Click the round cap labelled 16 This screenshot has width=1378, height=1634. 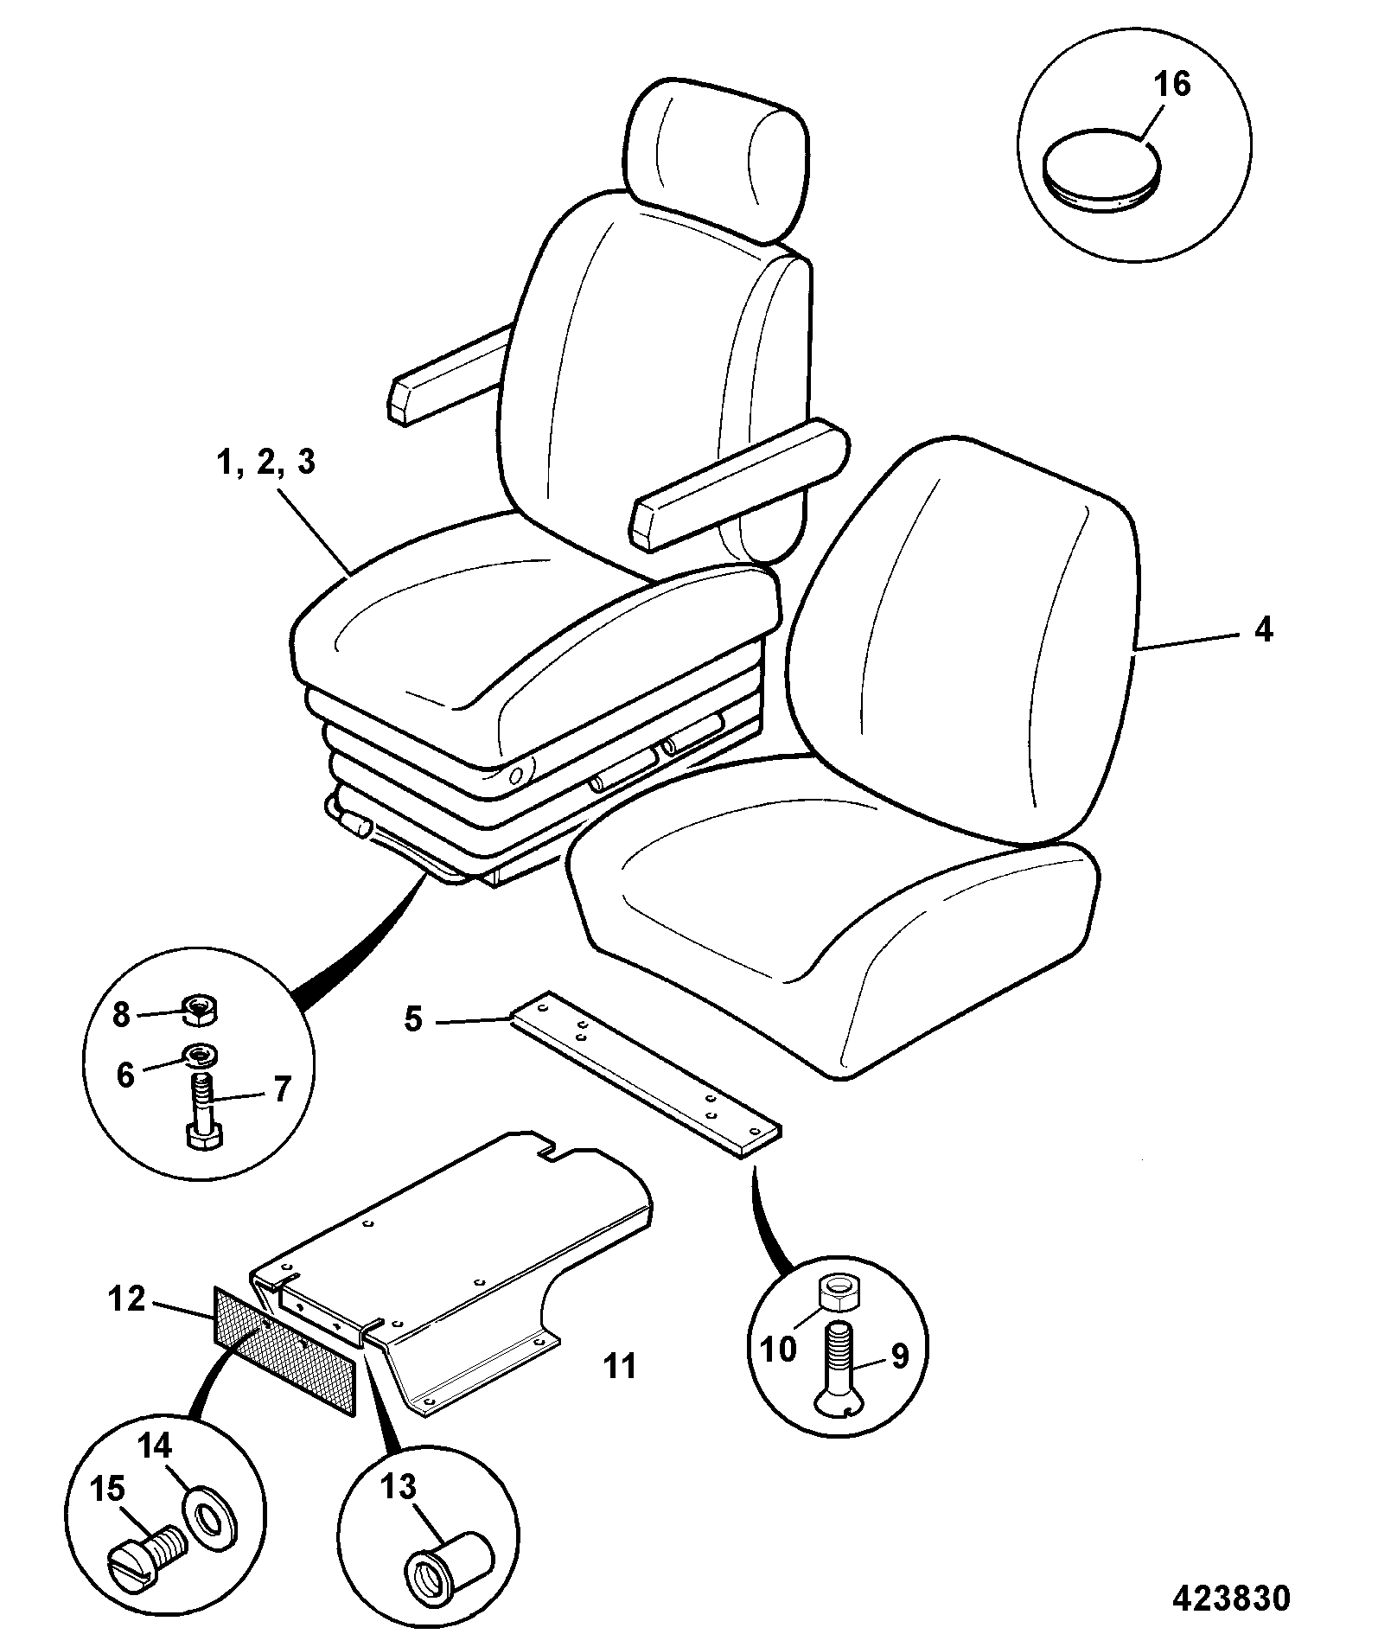(1102, 170)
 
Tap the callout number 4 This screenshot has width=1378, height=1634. (1263, 630)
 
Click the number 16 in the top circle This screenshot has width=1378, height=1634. (1171, 85)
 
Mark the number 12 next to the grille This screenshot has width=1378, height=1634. (126, 1299)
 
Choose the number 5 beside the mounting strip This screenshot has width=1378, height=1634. (413, 1020)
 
